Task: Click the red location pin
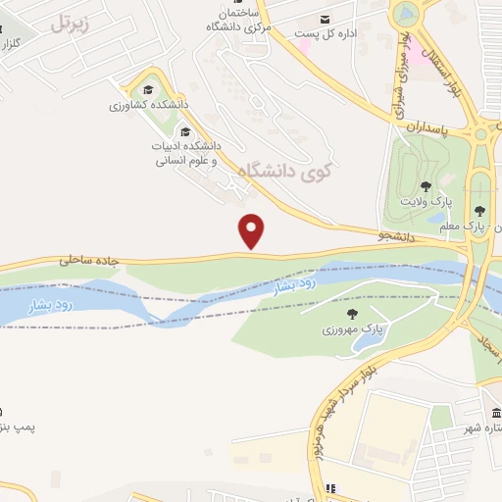point(252,231)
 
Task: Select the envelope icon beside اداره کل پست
point(326,20)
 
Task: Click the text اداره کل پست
point(359,31)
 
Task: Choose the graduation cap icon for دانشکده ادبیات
point(183,131)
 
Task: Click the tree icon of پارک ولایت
point(425,185)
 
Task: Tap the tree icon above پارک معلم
point(478,210)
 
